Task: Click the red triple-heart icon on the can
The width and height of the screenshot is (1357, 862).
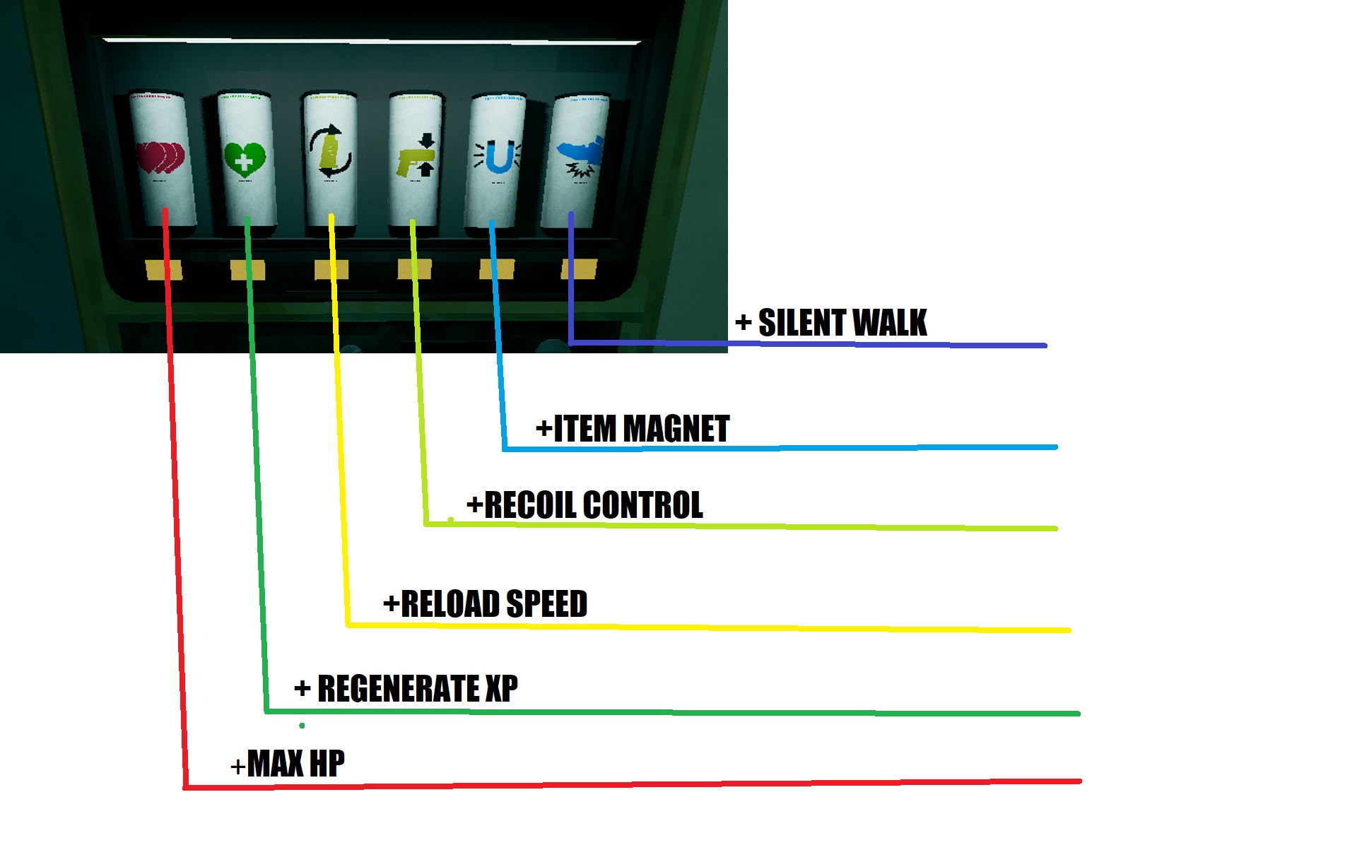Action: (x=161, y=158)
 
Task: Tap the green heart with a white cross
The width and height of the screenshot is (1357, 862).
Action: (x=245, y=160)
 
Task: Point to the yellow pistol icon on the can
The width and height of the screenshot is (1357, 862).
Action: (x=416, y=157)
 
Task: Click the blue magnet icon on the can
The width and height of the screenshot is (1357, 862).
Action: (x=498, y=157)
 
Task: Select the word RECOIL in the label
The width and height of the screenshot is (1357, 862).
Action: (x=530, y=505)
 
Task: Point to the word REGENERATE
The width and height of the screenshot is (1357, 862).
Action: (x=399, y=689)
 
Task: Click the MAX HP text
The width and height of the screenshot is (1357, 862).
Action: (x=295, y=764)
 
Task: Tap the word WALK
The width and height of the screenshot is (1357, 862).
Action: (x=893, y=323)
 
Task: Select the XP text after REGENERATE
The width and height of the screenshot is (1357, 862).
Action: (x=501, y=689)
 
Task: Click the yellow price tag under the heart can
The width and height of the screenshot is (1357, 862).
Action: (x=163, y=270)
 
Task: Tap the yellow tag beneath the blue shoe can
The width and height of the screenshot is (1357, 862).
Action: (x=580, y=269)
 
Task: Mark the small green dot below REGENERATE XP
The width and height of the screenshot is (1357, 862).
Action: (x=302, y=726)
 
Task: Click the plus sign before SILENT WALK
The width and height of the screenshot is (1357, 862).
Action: (x=743, y=323)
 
